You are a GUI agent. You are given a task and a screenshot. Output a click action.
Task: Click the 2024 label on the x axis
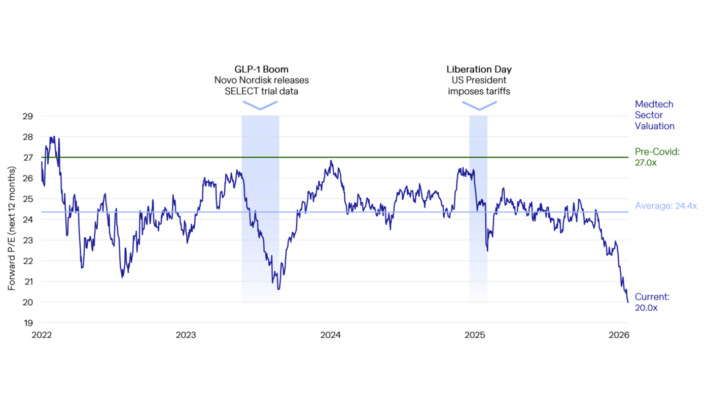(x=331, y=335)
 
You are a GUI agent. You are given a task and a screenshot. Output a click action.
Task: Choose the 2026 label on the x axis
(x=619, y=335)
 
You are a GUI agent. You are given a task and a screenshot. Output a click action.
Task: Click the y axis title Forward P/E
(x=11, y=228)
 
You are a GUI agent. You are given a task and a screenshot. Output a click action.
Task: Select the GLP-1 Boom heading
(x=261, y=69)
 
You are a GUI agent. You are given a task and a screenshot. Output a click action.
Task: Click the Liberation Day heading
(x=479, y=69)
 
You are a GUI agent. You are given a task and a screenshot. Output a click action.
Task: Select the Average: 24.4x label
(x=665, y=206)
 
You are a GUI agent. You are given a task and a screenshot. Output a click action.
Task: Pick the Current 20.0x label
(x=652, y=302)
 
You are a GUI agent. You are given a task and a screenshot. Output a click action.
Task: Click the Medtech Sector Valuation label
(x=654, y=115)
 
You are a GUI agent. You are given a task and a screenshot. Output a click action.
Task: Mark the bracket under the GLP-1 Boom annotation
(x=260, y=105)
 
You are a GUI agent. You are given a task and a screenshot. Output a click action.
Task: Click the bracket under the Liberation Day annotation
(x=479, y=105)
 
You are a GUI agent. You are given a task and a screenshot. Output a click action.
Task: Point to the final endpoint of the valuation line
(x=628, y=302)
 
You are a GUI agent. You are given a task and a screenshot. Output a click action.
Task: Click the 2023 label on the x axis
(x=186, y=335)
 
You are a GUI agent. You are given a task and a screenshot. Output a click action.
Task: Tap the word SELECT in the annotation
(x=240, y=91)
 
